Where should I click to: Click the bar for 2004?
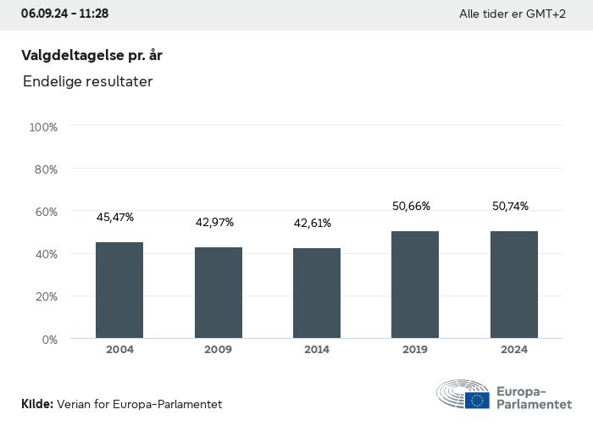click(x=119, y=290)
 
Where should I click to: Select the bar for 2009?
click(x=219, y=293)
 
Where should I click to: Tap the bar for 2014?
click(x=317, y=293)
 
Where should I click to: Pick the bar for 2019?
click(x=415, y=285)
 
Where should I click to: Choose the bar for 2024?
click(x=514, y=285)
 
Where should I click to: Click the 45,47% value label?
click(x=115, y=218)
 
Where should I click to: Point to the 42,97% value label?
click(x=214, y=223)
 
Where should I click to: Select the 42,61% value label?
click(x=313, y=224)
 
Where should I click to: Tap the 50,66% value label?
click(x=411, y=206)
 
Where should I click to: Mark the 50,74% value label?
click(x=510, y=206)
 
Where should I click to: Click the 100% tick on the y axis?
click(x=43, y=127)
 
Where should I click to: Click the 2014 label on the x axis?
click(x=317, y=350)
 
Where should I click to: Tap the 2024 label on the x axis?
click(x=514, y=350)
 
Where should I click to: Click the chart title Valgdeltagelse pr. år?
click(x=91, y=55)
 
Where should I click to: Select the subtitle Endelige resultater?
click(x=88, y=82)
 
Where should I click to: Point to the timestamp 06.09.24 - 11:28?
click(x=64, y=14)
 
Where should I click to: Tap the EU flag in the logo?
click(x=477, y=401)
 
